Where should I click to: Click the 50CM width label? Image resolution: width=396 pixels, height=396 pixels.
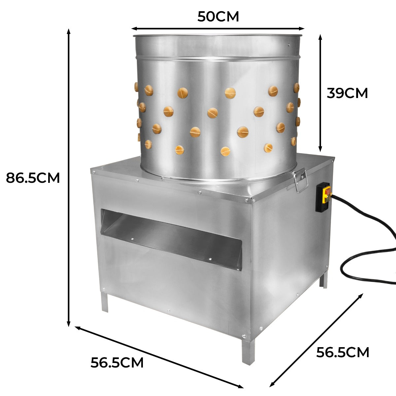[218, 16]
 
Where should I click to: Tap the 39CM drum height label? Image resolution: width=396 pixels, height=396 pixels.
[347, 93]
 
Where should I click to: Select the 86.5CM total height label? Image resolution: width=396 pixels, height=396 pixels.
[33, 178]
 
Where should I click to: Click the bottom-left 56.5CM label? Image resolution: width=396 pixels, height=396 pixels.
[117, 363]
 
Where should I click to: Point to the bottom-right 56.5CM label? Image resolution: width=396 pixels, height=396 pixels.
[343, 352]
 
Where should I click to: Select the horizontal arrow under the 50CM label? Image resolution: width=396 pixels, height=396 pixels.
[218, 29]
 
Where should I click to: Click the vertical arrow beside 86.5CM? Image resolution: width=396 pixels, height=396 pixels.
[69, 178]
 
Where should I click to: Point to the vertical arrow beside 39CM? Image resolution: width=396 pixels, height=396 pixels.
[320, 92]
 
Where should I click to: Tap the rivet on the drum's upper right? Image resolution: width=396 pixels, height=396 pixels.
[289, 45]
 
